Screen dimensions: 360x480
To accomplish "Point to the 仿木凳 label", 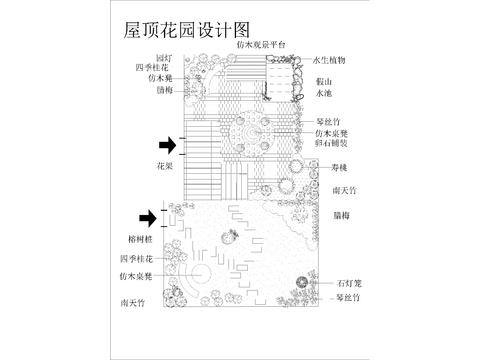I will (161, 78).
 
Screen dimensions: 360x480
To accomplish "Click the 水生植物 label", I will (329, 60).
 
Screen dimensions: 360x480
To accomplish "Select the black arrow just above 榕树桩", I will (148, 217).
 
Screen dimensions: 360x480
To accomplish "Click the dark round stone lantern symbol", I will (302, 284).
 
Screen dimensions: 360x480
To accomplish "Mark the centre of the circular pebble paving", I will (244, 131).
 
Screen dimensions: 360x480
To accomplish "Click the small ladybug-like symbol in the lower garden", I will (227, 236).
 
